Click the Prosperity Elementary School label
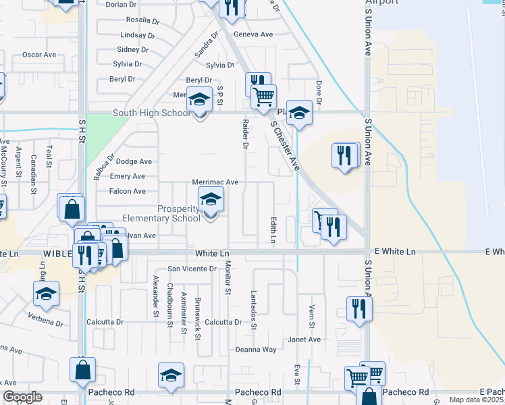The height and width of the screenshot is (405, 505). pos(161,213)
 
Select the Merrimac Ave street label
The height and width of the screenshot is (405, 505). pos(215,182)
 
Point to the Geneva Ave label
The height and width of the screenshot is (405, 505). pos(253,34)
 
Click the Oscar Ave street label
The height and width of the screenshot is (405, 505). pos(39,55)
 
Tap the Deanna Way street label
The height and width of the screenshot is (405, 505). pos(256,350)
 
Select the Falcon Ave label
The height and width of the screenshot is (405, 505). pos(128,192)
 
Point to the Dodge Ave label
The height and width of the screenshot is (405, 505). pos(134,162)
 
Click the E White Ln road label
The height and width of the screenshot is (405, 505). pos(393,252)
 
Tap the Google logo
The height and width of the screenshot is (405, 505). pos(22,397)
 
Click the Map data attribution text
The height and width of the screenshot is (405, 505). pos(476,400)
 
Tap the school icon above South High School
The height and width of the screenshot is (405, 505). pos(199,100)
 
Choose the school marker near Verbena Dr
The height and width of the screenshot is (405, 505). pos(46,294)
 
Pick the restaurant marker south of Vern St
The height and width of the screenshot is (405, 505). pos(358,309)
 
